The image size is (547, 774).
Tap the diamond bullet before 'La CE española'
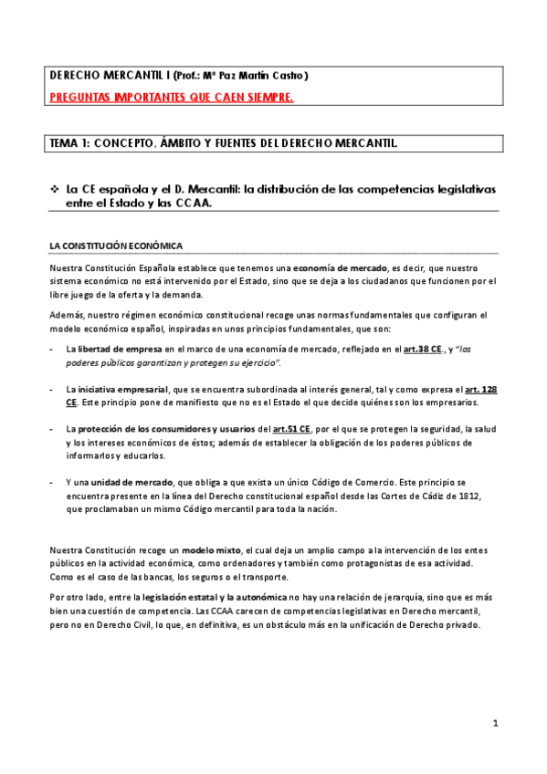click(x=54, y=188)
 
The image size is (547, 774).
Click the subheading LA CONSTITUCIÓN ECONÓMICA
click(x=116, y=246)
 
